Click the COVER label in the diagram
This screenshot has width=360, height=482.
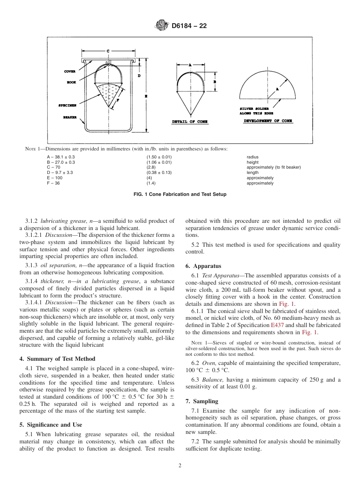pos(70,71)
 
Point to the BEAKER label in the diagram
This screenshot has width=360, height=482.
pos(70,117)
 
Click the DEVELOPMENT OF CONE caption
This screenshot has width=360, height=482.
pos(268,121)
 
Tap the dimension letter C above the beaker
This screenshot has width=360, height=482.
pos(108,51)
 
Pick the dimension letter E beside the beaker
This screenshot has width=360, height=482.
pos(146,96)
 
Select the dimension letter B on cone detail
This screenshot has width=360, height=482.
pos(215,82)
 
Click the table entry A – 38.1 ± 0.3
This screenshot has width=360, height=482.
pos(61,157)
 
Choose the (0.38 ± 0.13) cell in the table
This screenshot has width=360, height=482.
pos(159,173)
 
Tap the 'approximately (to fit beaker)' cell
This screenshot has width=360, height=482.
pos(274,167)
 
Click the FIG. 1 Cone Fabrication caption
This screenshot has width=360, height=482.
pos(180,194)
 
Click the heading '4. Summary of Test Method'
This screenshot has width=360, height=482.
pos(57,359)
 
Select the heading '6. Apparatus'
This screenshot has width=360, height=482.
pos(203,266)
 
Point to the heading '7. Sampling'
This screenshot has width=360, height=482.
pos(202,401)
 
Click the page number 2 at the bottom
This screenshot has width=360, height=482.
pos(180,466)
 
